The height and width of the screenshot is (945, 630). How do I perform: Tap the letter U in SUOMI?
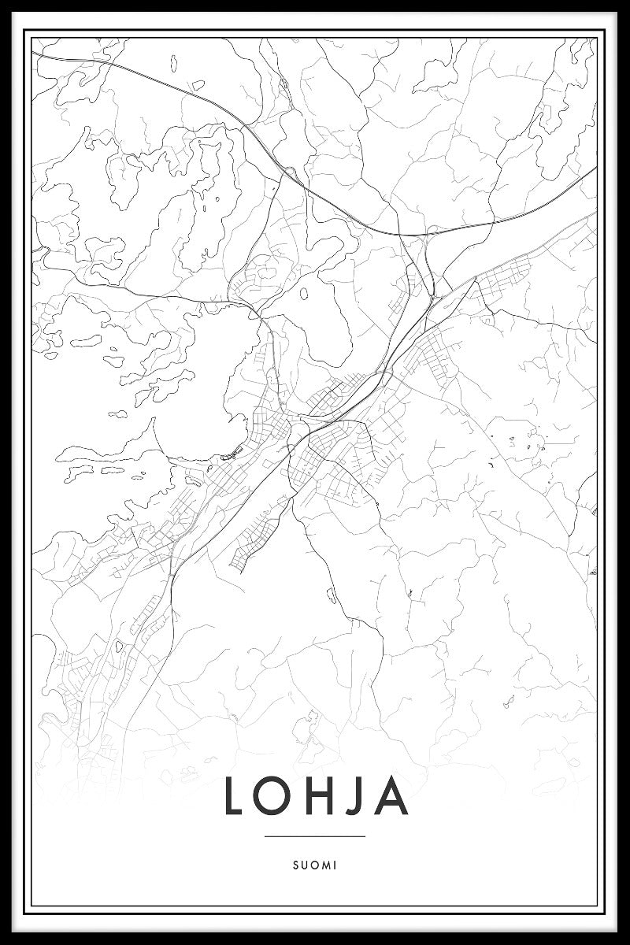305,865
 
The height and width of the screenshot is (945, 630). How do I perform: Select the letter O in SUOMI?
315,865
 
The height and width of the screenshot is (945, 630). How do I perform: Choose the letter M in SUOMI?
326,865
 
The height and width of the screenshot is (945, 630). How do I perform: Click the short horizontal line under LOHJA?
315,836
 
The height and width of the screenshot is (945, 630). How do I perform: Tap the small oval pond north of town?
304,295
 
